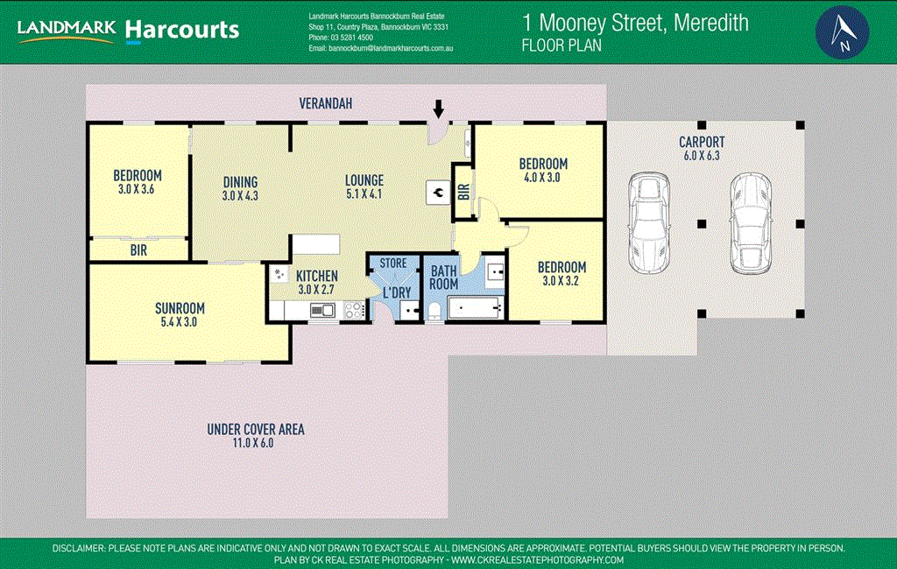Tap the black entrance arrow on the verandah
[439, 109]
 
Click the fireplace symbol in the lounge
[435, 193]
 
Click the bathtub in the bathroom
[474, 307]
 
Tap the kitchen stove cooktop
[355, 309]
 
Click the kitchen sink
[321, 309]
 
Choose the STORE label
[392, 263]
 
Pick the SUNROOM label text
[180, 308]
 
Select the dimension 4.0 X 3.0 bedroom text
[542, 178]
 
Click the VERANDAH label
[326, 103]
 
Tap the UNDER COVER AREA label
[256, 429]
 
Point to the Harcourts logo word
[181, 30]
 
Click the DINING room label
[239, 182]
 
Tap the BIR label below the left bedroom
[138, 250]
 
